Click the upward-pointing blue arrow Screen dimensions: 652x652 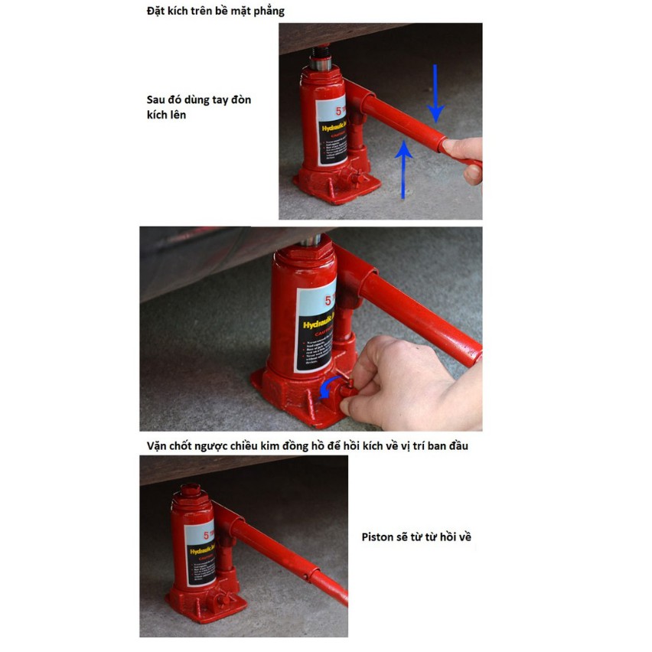click(403, 168)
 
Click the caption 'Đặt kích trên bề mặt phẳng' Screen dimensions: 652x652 click(216, 11)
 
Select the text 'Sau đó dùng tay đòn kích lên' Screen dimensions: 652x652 click(198, 107)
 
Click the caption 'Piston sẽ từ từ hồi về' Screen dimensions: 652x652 click(416, 537)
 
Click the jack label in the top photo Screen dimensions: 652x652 click(331, 134)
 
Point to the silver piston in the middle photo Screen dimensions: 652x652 click(310, 239)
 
